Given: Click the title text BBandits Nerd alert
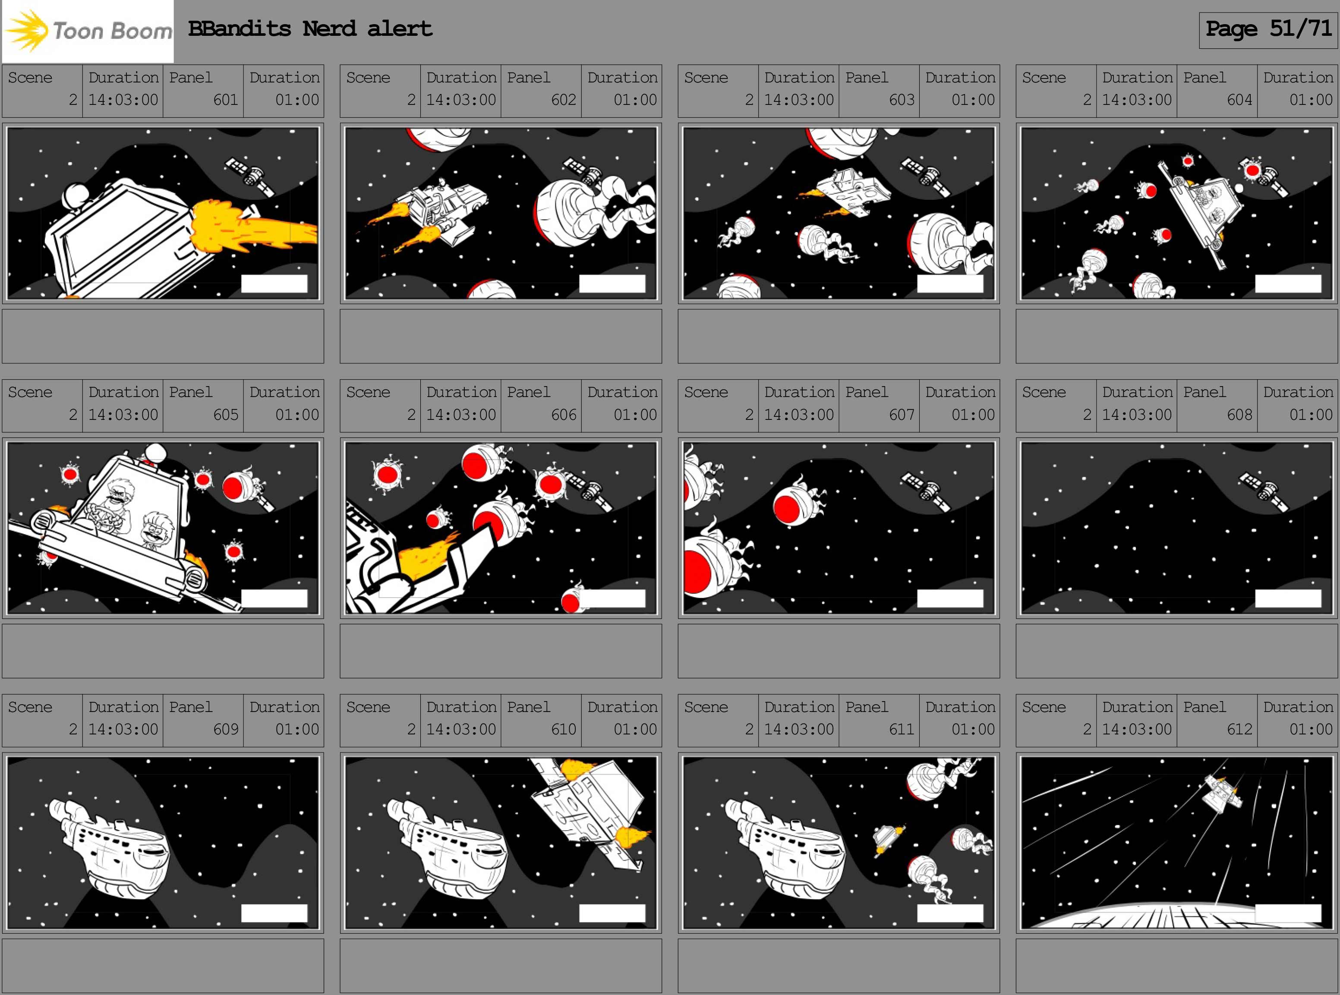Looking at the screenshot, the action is [310, 28].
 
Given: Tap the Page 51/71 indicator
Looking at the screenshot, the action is [1268, 29].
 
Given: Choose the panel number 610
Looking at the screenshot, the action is [564, 729].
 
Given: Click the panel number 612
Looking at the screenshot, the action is [1239, 729].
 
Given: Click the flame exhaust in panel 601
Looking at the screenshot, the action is [253, 228].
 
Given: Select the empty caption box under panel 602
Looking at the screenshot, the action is [501, 336].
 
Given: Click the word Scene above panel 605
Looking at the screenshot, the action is [30, 393].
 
